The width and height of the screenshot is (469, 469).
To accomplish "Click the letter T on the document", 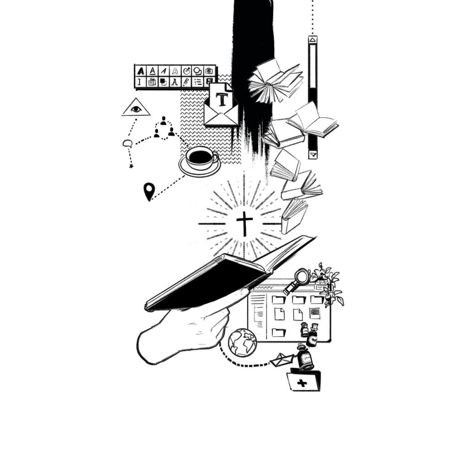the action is click(x=222, y=100).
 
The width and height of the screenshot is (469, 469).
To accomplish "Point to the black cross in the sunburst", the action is click(x=245, y=224).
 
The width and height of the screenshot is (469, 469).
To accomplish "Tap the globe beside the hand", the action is click(x=242, y=343).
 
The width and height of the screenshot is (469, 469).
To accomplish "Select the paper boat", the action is click(x=282, y=359).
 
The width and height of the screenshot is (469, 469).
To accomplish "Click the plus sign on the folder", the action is click(x=302, y=383).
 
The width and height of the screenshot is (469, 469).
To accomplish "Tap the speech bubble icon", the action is click(x=127, y=143).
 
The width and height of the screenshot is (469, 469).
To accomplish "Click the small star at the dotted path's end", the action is click(x=131, y=166).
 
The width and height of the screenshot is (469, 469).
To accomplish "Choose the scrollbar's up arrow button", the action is click(x=312, y=40).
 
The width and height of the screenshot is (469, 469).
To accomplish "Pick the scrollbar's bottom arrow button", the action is click(x=312, y=155).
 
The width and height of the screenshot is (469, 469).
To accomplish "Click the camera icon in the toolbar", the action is click(x=209, y=71).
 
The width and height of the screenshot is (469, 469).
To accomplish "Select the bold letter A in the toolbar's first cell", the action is click(x=140, y=71).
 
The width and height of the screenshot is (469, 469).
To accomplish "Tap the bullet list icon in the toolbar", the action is click(x=198, y=82).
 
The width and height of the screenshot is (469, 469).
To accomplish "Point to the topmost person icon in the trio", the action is click(x=163, y=121).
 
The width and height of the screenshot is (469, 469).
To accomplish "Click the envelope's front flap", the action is click(x=221, y=120).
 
